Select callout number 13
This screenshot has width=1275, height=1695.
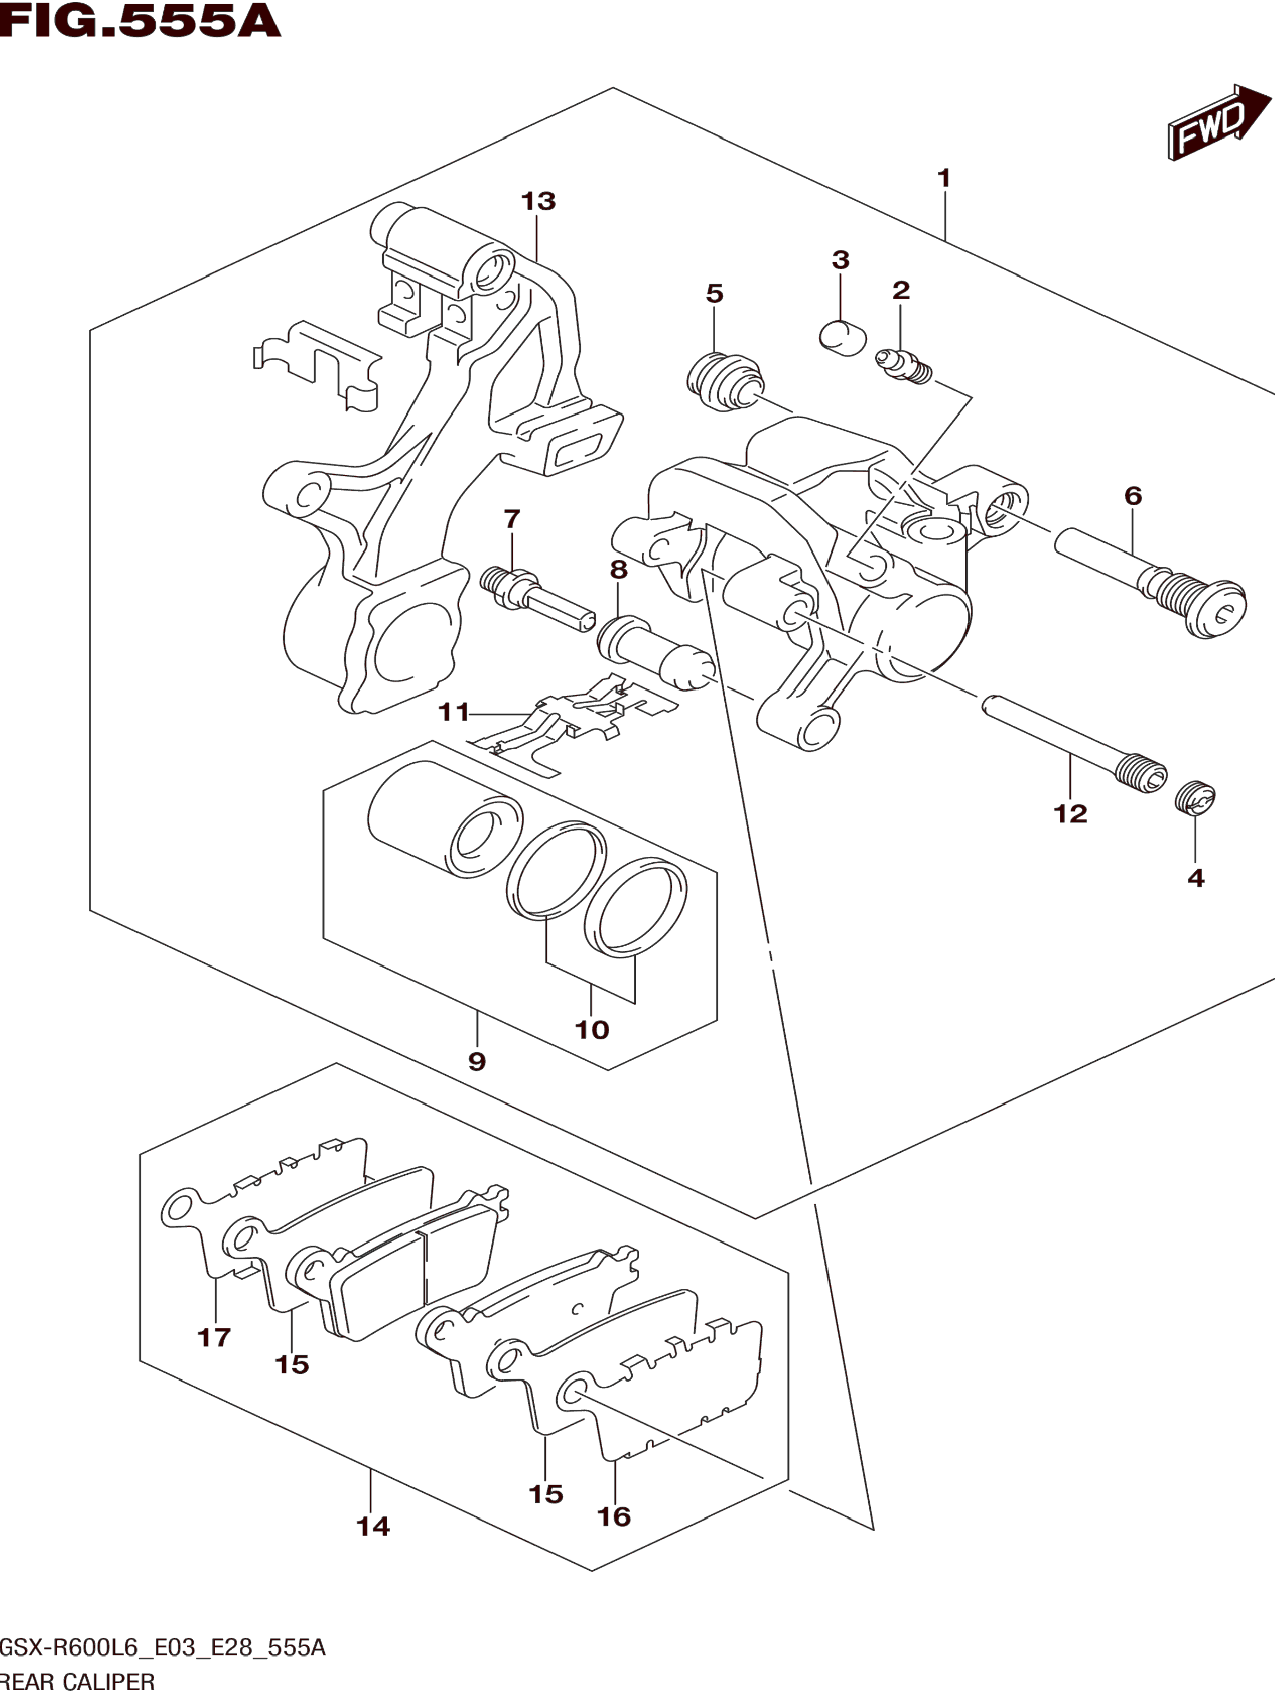[x=538, y=202]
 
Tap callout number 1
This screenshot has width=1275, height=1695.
[x=944, y=178]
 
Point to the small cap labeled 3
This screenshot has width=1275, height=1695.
[x=841, y=338]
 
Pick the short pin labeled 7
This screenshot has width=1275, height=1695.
[x=536, y=598]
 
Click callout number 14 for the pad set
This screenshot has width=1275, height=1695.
[x=373, y=1526]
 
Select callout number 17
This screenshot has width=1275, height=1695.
[x=214, y=1337]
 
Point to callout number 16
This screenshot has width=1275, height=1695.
[x=614, y=1516]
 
